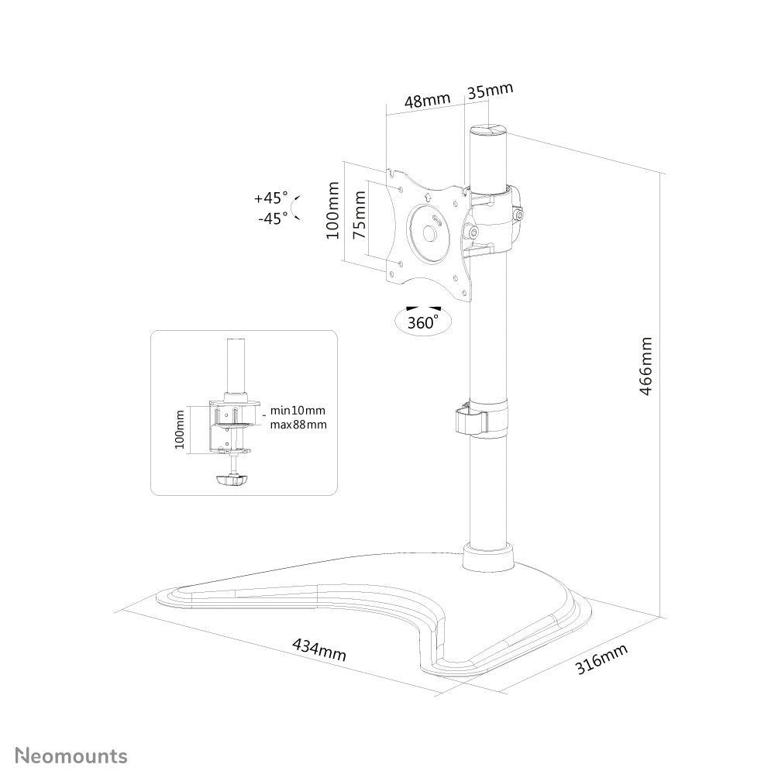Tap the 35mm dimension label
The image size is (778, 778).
490,91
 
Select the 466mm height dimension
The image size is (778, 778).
645,366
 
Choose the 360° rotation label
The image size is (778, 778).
422,322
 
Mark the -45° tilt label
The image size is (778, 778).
273,218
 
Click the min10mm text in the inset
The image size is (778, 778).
298,410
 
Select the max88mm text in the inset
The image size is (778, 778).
298,425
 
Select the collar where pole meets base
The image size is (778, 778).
488,558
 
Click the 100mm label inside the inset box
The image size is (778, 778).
180,430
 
